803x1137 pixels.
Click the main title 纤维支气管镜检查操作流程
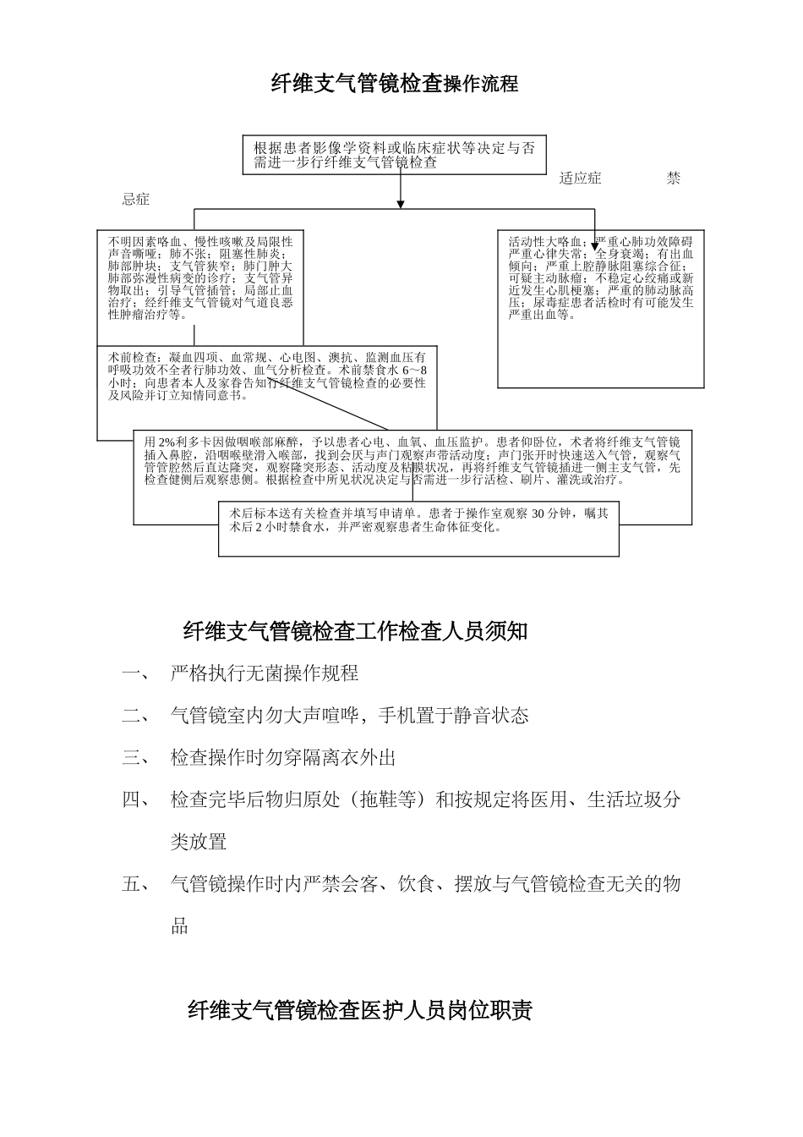point(394,84)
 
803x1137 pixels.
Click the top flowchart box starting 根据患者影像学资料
point(394,155)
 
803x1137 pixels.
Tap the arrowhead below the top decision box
point(401,203)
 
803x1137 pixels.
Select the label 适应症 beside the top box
point(580,179)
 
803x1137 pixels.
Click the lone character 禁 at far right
point(673,179)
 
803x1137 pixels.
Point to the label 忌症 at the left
point(136,200)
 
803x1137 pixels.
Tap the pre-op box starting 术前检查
point(267,377)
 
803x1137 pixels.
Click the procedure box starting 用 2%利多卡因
point(412,461)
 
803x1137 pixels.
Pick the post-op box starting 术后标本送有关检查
point(418,520)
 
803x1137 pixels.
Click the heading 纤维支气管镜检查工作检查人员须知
point(355,631)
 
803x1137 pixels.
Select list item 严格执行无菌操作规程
point(265,673)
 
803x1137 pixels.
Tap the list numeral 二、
point(134,716)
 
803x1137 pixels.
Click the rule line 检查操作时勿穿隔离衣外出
point(283,758)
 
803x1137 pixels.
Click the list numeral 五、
point(134,885)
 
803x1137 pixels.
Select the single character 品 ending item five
point(179,926)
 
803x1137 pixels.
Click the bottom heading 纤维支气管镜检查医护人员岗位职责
point(360,1011)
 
